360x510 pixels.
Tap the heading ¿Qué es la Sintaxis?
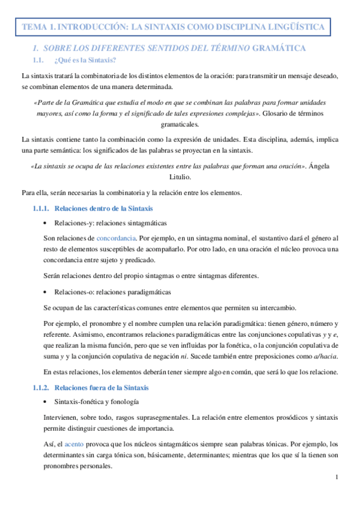pos(85,60)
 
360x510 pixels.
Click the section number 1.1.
pos(38,60)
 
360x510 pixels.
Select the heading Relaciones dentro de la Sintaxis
pos(103,208)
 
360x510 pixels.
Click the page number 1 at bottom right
pos(338,478)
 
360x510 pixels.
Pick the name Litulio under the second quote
pos(180,177)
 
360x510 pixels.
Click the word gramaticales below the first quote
pos(180,124)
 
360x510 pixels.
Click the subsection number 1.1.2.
pos(41,387)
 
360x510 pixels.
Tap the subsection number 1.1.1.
pos(41,208)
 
